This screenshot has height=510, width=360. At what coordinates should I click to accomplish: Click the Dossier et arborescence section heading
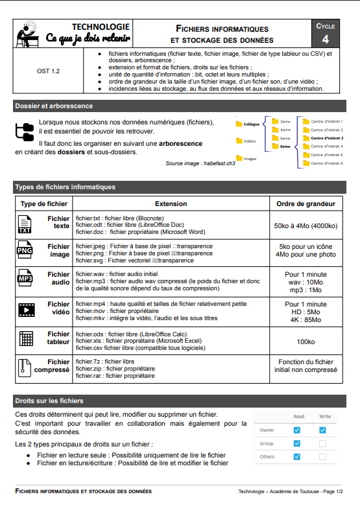[x=54, y=106]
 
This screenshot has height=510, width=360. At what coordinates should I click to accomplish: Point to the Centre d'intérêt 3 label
[x=326, y=138]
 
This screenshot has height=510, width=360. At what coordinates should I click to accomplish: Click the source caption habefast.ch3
[x=200, y=164]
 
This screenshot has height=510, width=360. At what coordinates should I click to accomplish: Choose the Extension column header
[x=171, y=203]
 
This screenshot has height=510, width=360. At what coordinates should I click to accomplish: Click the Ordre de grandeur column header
[x=306, y=203]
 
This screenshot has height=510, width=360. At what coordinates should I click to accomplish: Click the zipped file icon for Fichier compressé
[x=25, y=367]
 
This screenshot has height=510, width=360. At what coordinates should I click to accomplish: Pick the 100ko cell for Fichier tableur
[x=306, y=341]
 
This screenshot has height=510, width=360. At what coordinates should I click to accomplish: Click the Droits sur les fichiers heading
[x=49, y=401]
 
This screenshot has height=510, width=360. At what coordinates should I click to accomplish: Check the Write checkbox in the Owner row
[x=322, y=430]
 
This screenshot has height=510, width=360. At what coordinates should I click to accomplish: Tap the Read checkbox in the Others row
[x=296, y=457]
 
